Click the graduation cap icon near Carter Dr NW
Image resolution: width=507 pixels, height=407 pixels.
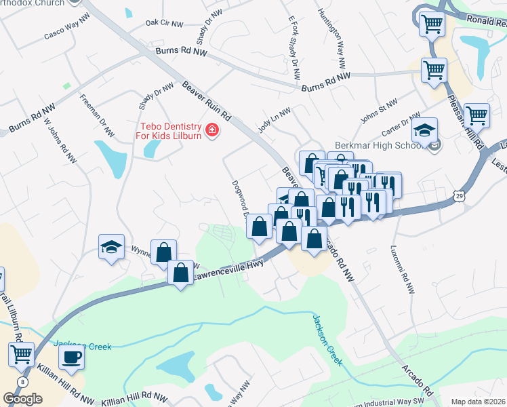point(424,130)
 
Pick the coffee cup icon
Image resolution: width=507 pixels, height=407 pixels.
point(71,356)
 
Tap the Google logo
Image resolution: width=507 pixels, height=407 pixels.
point(22,399)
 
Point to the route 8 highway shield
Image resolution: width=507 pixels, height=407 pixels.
point(24,383)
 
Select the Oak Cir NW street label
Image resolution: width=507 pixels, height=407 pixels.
point(165,24)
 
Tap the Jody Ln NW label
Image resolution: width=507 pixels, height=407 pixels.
point(274,120)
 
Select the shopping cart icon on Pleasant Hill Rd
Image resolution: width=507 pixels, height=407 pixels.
point(476,115)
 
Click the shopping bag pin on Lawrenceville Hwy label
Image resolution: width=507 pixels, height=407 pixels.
point(180,273)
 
